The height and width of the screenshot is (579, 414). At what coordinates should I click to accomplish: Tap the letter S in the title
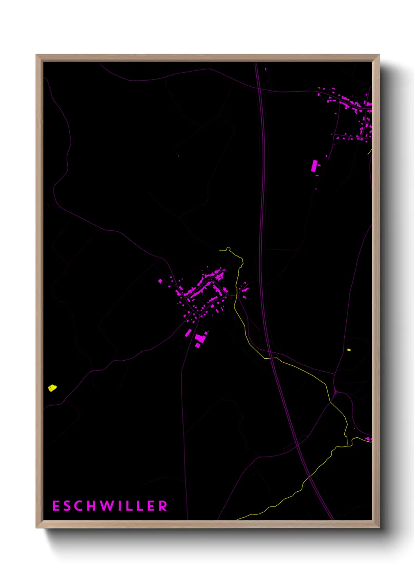tap(68, 506)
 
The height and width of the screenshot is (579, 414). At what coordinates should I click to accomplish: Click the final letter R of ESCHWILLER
tap(163, 506)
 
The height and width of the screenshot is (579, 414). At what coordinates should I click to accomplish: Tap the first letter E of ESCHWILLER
tap(56, 506)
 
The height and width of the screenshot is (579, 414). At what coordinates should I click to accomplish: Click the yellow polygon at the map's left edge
tap(52, 388)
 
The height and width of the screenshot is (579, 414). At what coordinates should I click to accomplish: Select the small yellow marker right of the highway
tap(349, 350)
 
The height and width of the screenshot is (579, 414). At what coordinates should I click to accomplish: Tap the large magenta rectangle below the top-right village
tap(314, 165)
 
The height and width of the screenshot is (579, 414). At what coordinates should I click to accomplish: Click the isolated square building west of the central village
tap(160, 281)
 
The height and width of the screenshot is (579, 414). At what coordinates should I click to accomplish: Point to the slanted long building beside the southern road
tap(188, 333)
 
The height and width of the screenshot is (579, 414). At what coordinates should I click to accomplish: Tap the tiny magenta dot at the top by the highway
tap(266, 69)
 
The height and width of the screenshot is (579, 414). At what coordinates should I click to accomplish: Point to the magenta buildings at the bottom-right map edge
tap(368, 439)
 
